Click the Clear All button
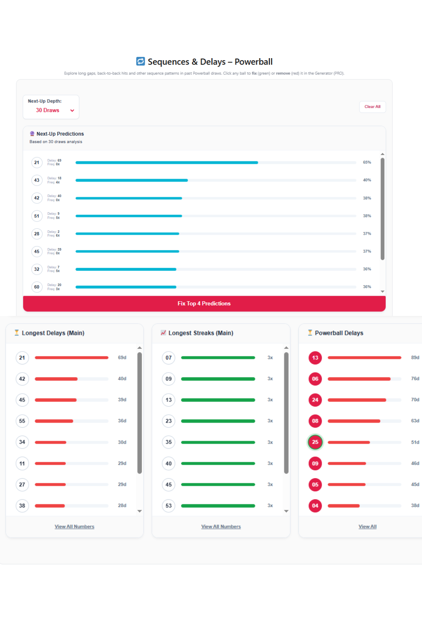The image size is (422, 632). coord(372,107)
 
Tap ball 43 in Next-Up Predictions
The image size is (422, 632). coord(37,180)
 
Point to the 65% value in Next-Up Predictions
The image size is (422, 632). coord(367,162)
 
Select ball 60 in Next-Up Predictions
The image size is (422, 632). coord(37,287)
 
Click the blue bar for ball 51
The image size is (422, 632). coord(129,216)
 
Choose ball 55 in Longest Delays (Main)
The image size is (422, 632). coord(22,421)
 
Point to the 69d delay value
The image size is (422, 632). coord(122,358)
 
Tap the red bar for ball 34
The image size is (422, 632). coord(51,442)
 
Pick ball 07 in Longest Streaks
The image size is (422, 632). coord(168,358)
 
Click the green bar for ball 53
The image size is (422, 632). coord(218,506)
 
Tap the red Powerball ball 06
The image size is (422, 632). coord(315,379)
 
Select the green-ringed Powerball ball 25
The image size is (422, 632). coord(315,442)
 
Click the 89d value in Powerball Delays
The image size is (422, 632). coord(415,358)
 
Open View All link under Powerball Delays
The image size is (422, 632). coord(368,527)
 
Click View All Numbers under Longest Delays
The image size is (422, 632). coord(74,527)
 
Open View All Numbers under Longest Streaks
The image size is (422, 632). coord(221,527)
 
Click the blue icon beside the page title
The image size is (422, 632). coord(141,62)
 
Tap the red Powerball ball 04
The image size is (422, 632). coord(315,506)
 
